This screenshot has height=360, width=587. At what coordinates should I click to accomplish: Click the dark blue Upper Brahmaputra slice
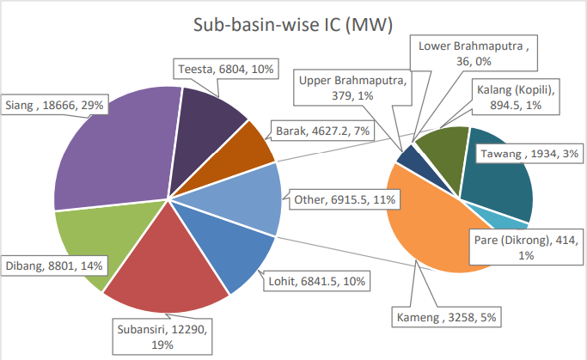pos(407,158)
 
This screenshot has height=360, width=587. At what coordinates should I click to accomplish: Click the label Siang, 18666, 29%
pos(54,104)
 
